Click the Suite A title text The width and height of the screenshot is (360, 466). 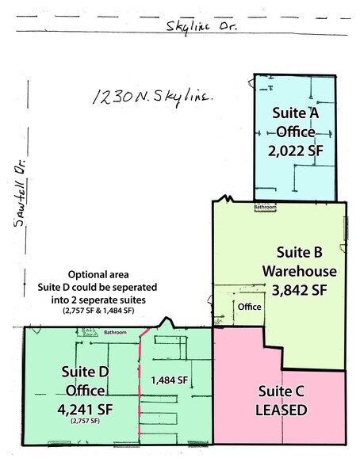click(x=295, y=112)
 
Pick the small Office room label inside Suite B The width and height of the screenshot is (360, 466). click(x=251, y=307)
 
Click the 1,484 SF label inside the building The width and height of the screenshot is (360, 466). click(x=169, y=381)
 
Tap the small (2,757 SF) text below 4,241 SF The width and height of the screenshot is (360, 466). click(x=84, y=421)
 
